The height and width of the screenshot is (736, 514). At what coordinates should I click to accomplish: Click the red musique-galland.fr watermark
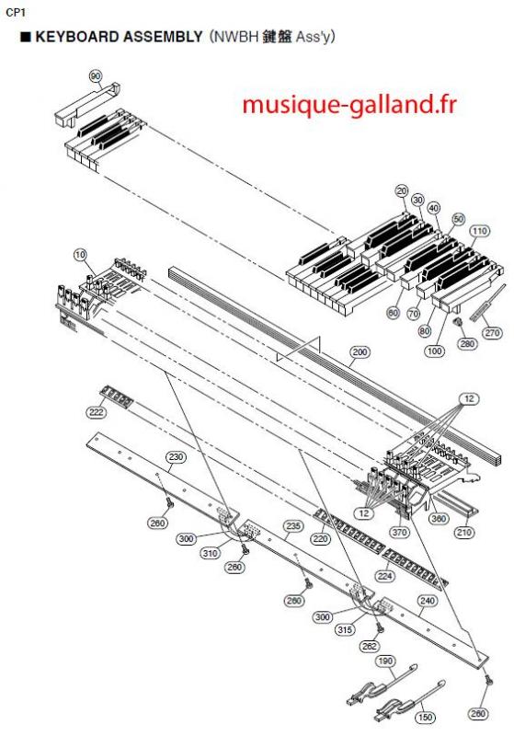(348, 104)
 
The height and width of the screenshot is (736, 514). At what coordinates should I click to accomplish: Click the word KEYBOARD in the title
(79, 37)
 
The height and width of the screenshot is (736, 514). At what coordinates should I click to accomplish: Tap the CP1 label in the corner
(16, 13)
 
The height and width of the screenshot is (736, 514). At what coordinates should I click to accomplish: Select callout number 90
(96, 76)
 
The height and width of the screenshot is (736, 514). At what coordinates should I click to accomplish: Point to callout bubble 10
(81, 255)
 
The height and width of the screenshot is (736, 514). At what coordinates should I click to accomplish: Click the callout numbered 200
(360, 352)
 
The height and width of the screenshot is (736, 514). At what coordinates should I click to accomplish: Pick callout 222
(97, 412)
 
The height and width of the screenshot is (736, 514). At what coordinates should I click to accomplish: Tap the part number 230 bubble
(177, 457)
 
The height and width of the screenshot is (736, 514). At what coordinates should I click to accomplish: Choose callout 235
(293, 526)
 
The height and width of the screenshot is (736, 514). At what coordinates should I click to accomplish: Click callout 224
(384, 576)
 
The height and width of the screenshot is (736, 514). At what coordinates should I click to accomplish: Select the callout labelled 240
(428, 601)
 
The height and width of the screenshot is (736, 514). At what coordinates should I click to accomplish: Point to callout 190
(385, 661)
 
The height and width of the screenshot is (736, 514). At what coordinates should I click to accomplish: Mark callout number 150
(426, 718)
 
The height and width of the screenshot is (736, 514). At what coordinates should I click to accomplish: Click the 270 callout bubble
(492, 333)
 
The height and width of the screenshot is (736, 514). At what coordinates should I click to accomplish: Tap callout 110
(479, 231)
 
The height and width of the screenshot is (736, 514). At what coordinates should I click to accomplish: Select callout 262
(369, 647)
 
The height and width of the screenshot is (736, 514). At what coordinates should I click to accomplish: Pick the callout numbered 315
(345, 629)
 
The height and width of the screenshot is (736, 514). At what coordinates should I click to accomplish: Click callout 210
(463, 533)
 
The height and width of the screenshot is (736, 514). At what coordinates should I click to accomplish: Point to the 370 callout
(399, 533)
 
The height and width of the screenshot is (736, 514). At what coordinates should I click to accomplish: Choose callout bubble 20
(403, 191)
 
